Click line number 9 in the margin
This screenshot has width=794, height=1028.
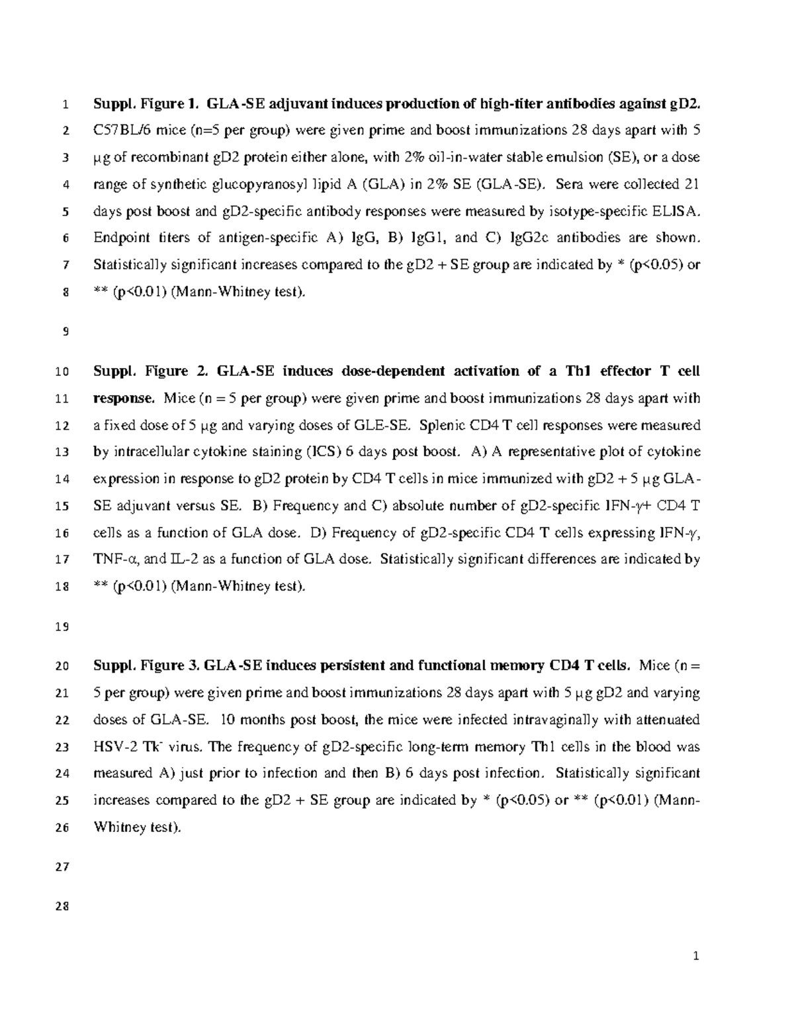[x=65, y=332]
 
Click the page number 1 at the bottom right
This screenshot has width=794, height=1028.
[x=695, y=956]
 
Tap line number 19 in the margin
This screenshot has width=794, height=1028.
[x=62, y=627]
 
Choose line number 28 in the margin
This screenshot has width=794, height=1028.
[x=62, y=907]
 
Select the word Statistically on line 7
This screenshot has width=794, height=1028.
[x=130, y=265]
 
